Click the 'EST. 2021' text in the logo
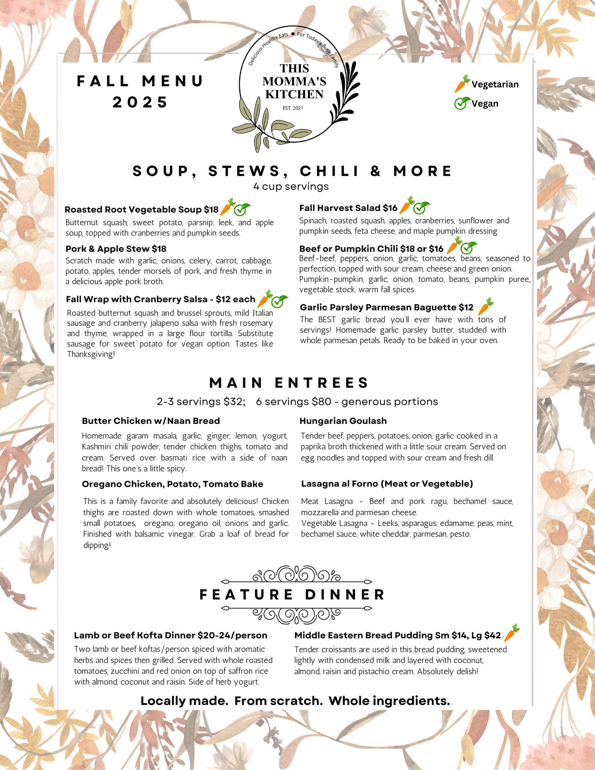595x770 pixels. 293,108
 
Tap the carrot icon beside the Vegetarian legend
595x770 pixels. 462,84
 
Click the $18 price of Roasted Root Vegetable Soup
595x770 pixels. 211,209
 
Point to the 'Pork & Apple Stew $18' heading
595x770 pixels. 116,249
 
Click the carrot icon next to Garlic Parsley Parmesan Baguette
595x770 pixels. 486,306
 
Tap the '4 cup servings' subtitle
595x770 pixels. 291,186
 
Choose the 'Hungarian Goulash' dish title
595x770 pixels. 343,421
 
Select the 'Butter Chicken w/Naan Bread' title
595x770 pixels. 151,421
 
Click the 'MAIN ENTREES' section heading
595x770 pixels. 290,383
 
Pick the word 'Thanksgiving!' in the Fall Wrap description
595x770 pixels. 91,354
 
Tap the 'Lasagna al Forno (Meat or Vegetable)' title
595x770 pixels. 387,483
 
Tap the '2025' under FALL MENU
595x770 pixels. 140,102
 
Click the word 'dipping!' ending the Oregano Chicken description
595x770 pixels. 97,545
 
